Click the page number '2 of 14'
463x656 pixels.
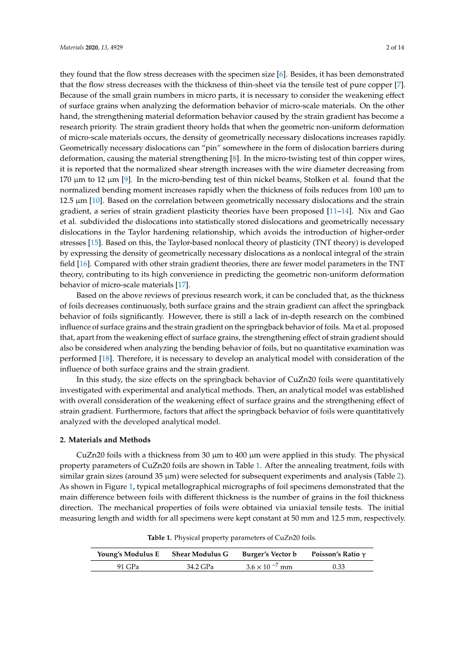[x=395, y=48]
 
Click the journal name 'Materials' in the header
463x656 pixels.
[x=72, y=48]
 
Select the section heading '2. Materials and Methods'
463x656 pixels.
[x=105, y=440]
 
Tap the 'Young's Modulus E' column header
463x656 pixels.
[x=128, y=554]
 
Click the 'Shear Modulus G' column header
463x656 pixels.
[x=200, y=554]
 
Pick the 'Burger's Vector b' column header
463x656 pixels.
[x=269, y=554]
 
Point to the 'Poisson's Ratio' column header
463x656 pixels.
[x=338, y=554]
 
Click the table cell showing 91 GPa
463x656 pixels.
[x=128, y=567]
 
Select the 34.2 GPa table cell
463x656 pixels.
[x=200, y=567]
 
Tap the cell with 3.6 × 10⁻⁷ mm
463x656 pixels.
[x=269, y=567]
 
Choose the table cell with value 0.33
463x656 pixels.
[x=338, y=567]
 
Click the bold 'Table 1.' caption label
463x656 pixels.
[x=159, y=537]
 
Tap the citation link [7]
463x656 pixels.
[x=399, y=85]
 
